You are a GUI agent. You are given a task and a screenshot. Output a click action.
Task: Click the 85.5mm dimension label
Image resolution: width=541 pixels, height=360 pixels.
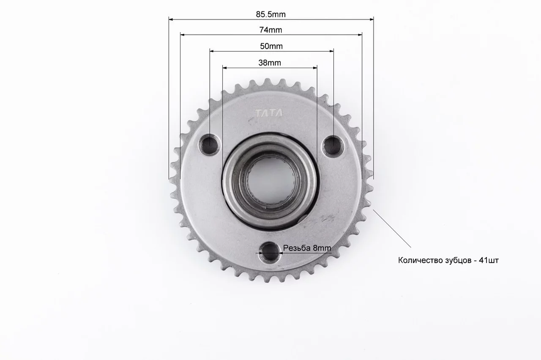[x=271, y=14]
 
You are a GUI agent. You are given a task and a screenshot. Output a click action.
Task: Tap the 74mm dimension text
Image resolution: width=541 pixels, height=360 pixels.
[x=271, y=30]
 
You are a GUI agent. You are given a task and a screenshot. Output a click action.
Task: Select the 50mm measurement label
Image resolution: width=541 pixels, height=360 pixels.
[x=271, y=46]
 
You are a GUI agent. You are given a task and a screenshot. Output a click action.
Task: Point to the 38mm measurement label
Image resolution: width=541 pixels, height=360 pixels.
[x=270, y=63]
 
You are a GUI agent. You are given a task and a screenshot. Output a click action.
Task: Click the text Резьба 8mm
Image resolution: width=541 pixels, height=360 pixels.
[x=307, y=248]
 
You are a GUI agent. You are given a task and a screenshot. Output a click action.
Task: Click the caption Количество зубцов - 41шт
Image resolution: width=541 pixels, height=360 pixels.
[x=448, y=261]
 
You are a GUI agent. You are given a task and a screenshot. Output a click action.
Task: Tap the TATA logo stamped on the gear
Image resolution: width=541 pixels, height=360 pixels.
[x=269, y=113]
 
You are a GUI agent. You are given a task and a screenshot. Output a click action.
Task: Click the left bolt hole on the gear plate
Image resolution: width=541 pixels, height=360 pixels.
[x=209, y=145]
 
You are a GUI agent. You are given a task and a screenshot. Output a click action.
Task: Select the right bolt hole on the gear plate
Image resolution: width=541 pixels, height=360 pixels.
[x=333, y=146]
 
